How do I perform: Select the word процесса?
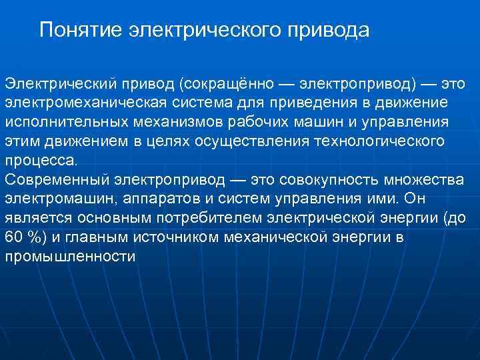point(41,161)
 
